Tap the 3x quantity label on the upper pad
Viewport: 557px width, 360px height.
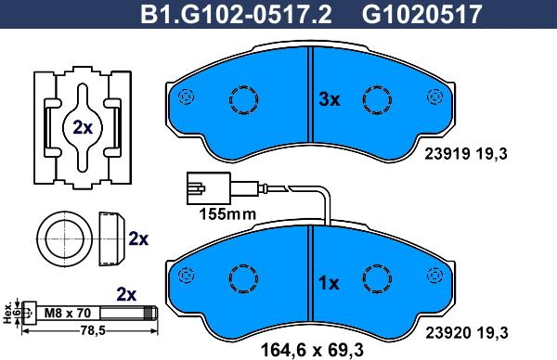pyautogui.click(x=330, y=100)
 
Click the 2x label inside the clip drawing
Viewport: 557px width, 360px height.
pyautogui.click(x=82, y=128)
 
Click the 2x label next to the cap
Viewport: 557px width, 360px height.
pyautogui.click(x=138, y=238)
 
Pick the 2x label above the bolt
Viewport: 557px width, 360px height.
pyautogui.click(x=125, y=293)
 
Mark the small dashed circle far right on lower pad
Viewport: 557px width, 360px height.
pyautogui.click(x=430, y=275)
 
